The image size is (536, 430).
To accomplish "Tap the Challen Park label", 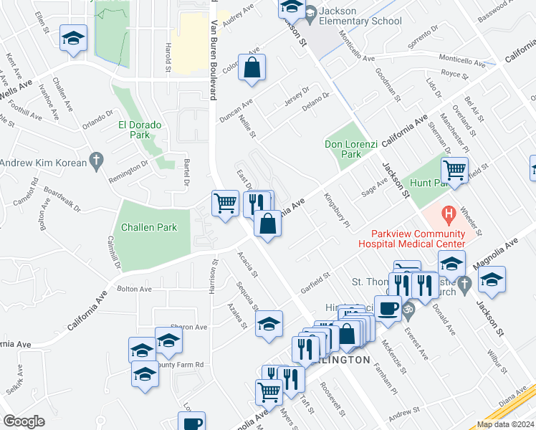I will [x=148, y=227].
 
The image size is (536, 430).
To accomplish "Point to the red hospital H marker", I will [x=449, y=214].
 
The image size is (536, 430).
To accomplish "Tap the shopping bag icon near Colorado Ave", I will [x=252, y=69].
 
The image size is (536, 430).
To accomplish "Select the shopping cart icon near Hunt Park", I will [x=454, y=171].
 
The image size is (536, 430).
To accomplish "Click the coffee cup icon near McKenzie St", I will [x=388, y=308].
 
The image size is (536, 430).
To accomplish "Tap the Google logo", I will [x=24, y=421].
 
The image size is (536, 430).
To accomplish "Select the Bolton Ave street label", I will [x=135, y=289].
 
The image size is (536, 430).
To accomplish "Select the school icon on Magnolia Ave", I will [x=492, y=280].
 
